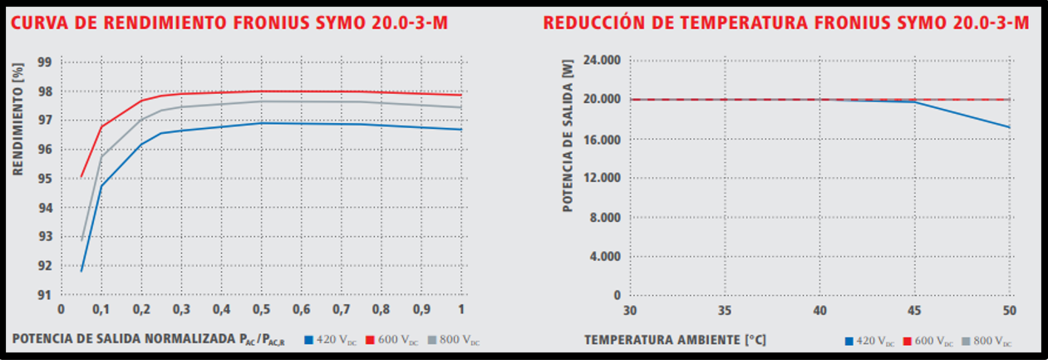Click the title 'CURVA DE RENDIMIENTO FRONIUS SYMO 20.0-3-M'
229,22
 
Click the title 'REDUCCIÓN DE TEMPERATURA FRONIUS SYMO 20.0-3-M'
786,22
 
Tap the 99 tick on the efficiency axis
45,62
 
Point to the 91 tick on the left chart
45,295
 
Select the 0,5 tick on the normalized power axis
261,309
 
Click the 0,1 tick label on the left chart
101,309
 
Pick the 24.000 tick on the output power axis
603,61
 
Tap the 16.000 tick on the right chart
603,139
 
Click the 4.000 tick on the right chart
607,256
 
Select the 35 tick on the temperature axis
726,309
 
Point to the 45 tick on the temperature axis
915,309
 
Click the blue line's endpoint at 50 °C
1009,127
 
